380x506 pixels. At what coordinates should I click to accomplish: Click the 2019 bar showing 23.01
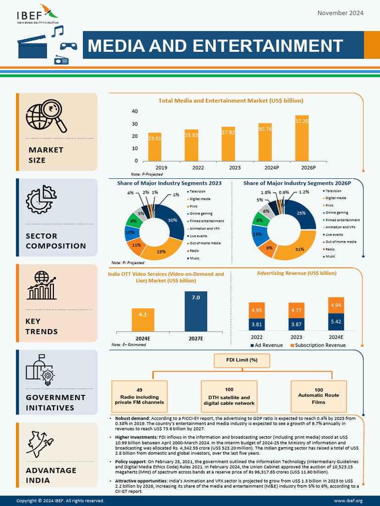pos(154,147)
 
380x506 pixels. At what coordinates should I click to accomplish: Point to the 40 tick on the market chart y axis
pos(135,111)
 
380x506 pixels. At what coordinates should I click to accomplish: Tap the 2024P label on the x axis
pos(265,168)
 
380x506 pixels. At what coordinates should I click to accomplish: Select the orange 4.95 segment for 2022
pos(256,310)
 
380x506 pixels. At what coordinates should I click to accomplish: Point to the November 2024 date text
pos(340,12)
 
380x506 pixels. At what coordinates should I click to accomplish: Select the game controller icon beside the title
pos(68,45)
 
